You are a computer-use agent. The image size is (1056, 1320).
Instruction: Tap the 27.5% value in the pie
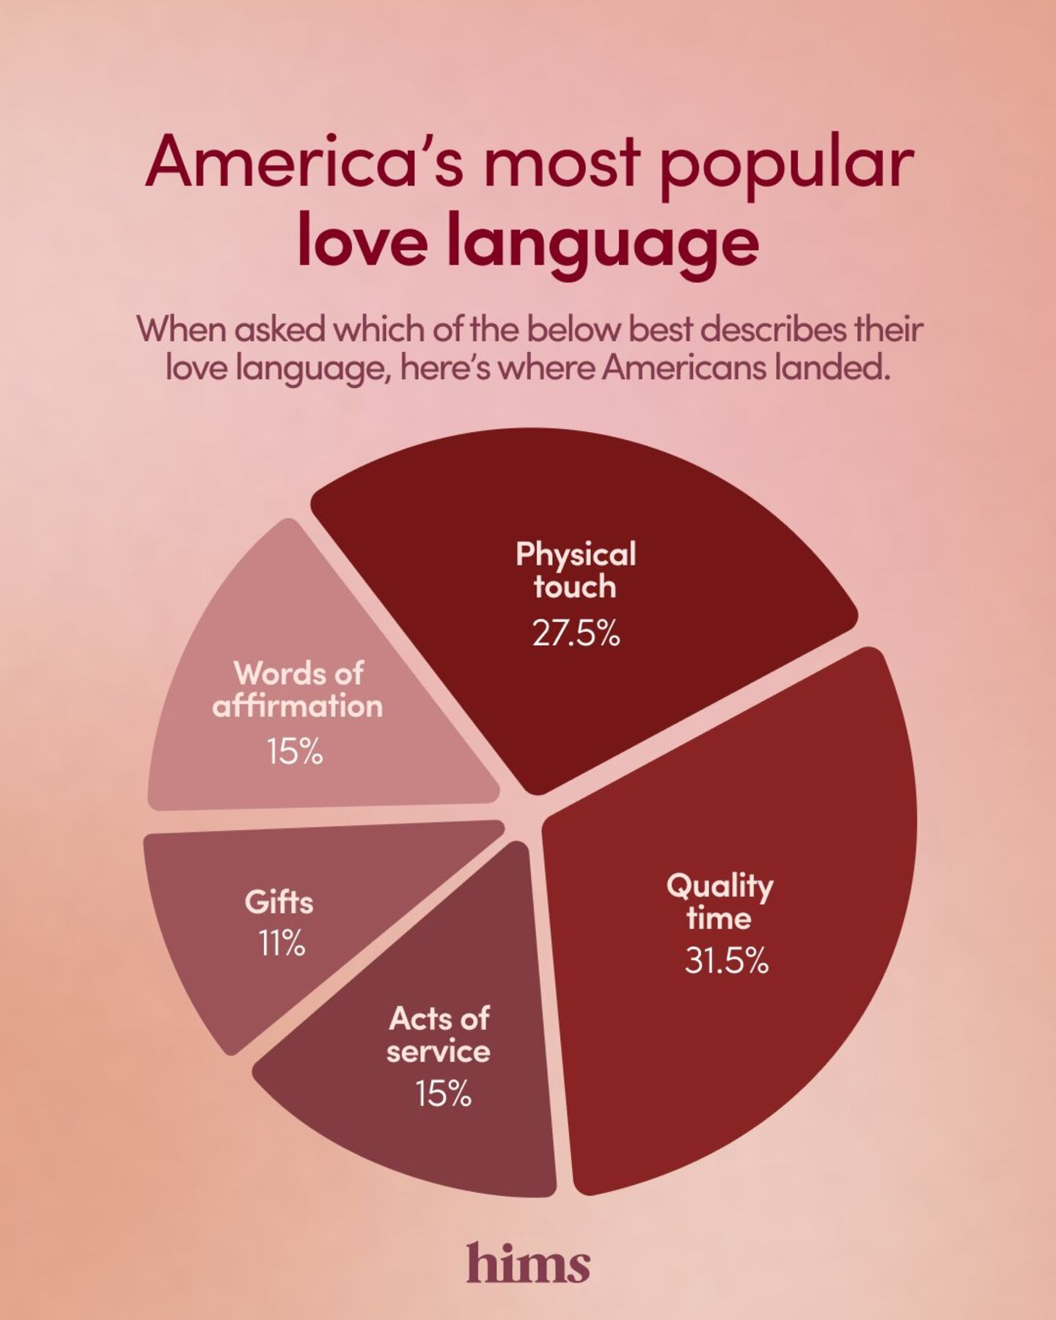(x=576, y=633)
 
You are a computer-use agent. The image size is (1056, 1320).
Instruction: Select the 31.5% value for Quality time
(x=726, y=960)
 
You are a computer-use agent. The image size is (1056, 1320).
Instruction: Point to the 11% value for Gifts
(x=282, y=943)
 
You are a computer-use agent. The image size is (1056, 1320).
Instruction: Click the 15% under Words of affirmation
(x=295, y=752)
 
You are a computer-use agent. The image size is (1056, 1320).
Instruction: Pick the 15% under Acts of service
(x=443, y=1094)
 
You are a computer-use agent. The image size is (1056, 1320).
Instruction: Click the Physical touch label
(x=576, y=571)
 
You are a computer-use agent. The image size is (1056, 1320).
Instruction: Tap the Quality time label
(x=719, y=902)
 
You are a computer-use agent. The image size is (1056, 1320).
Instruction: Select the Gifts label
(x=279, y=902)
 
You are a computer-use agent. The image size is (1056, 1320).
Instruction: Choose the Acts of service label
(x=439, y=1035)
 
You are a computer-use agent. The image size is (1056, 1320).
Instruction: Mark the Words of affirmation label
(x=298, y=690)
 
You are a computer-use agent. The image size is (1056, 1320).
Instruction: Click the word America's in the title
(x=304, y=163)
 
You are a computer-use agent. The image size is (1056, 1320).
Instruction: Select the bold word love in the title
(x=362, y=242)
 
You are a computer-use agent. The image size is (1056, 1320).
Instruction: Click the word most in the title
(x=562, y=163)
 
